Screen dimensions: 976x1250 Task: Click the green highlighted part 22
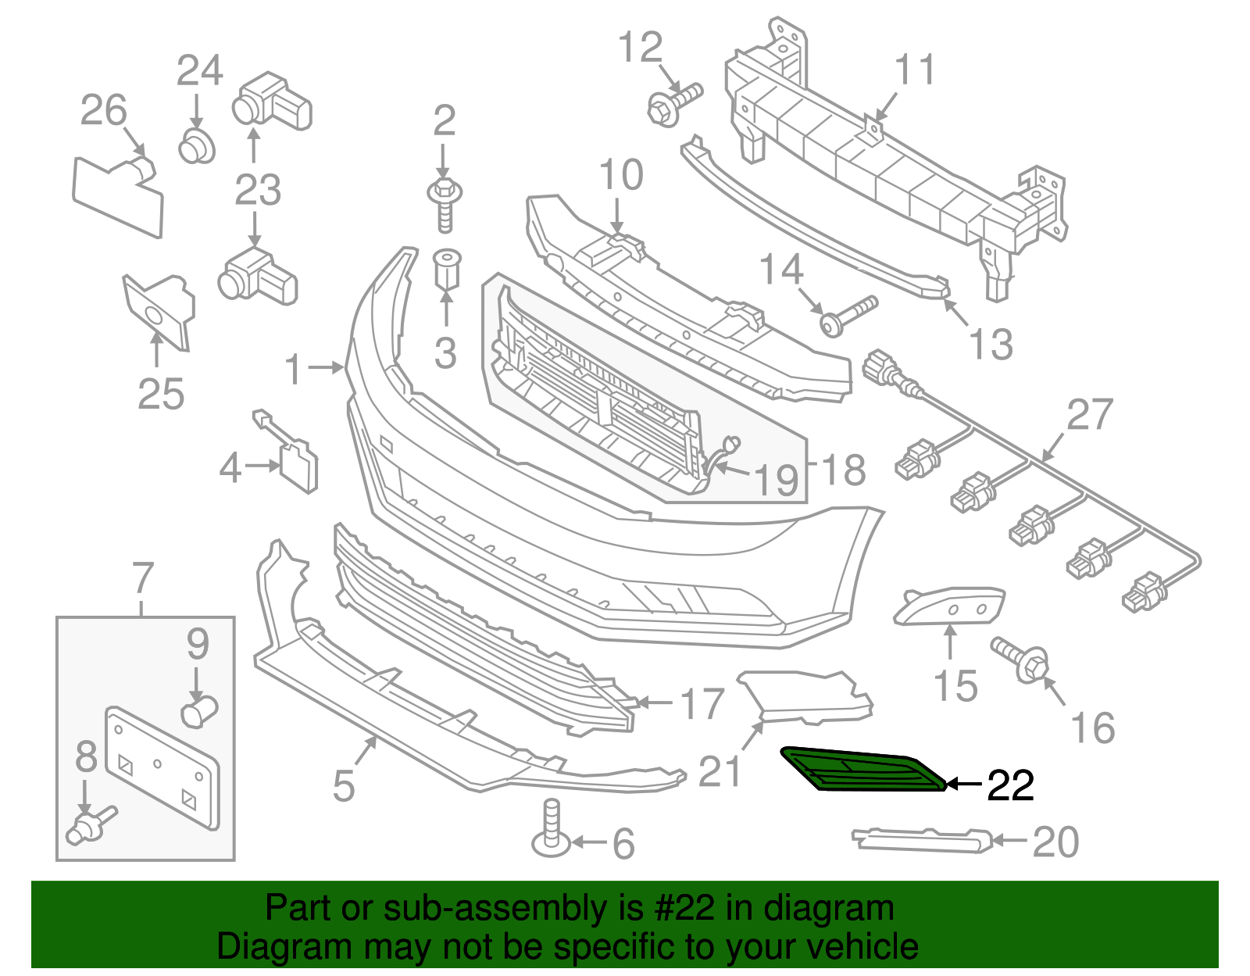click(863, 770)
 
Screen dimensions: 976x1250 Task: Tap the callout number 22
click(1010, 785)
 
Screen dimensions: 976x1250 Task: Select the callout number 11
click(914, 70)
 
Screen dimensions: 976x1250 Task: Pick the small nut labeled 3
click(447, 269)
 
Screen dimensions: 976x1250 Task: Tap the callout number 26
click(103, 110)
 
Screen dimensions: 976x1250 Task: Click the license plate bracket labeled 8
click(162, 768)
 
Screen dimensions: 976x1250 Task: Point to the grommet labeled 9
click(199, 711)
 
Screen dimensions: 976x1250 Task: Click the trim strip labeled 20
click(922, 840)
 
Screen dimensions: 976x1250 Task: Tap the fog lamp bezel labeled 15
click(948, 606)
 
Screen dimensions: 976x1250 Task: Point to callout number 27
click(1089, 414)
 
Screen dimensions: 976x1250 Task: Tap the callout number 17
click(702, 704)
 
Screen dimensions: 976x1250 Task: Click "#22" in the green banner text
click(680, 908)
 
